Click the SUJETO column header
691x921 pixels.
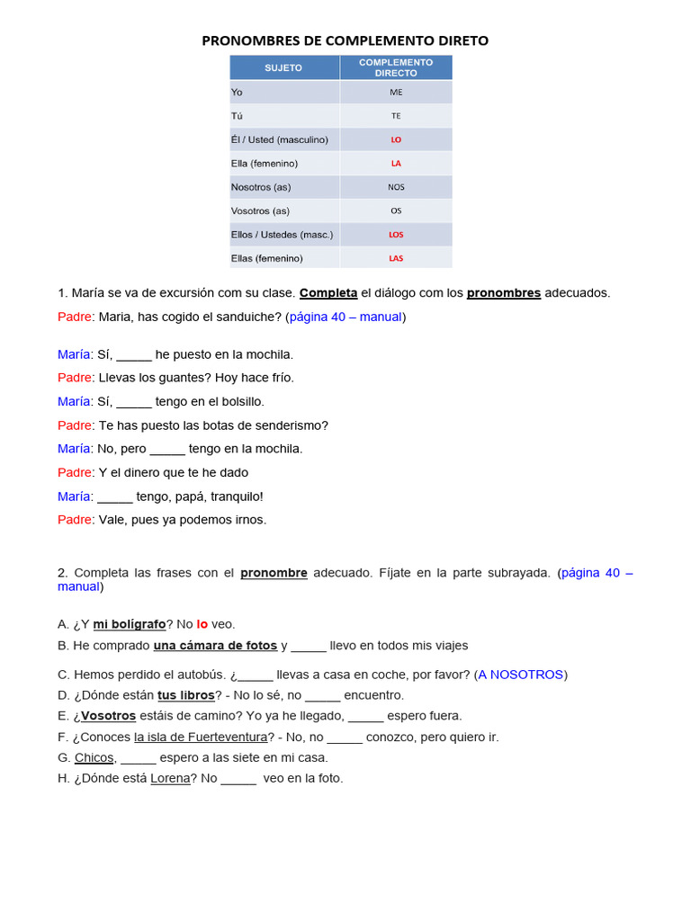point(283,67)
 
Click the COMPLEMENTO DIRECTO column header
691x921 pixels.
point(396,67)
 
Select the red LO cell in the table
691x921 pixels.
point(396,139)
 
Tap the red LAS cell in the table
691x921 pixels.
point(396,258)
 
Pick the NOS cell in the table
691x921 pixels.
point(396,187)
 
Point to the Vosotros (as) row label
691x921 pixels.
point(260,210)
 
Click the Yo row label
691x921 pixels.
point(237,92)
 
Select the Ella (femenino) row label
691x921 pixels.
point(264,163)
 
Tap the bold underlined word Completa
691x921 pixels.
point(328,293)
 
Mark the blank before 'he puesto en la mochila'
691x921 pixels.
point(134,355)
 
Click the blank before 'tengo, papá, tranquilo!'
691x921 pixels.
point(115,496)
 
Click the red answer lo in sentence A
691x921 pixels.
point(202,623)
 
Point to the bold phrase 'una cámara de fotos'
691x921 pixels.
point(215,646)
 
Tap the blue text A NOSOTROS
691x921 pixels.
point(521,675)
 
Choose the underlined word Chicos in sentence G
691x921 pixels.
point(94,757)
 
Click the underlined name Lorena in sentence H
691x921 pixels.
point(170,778)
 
